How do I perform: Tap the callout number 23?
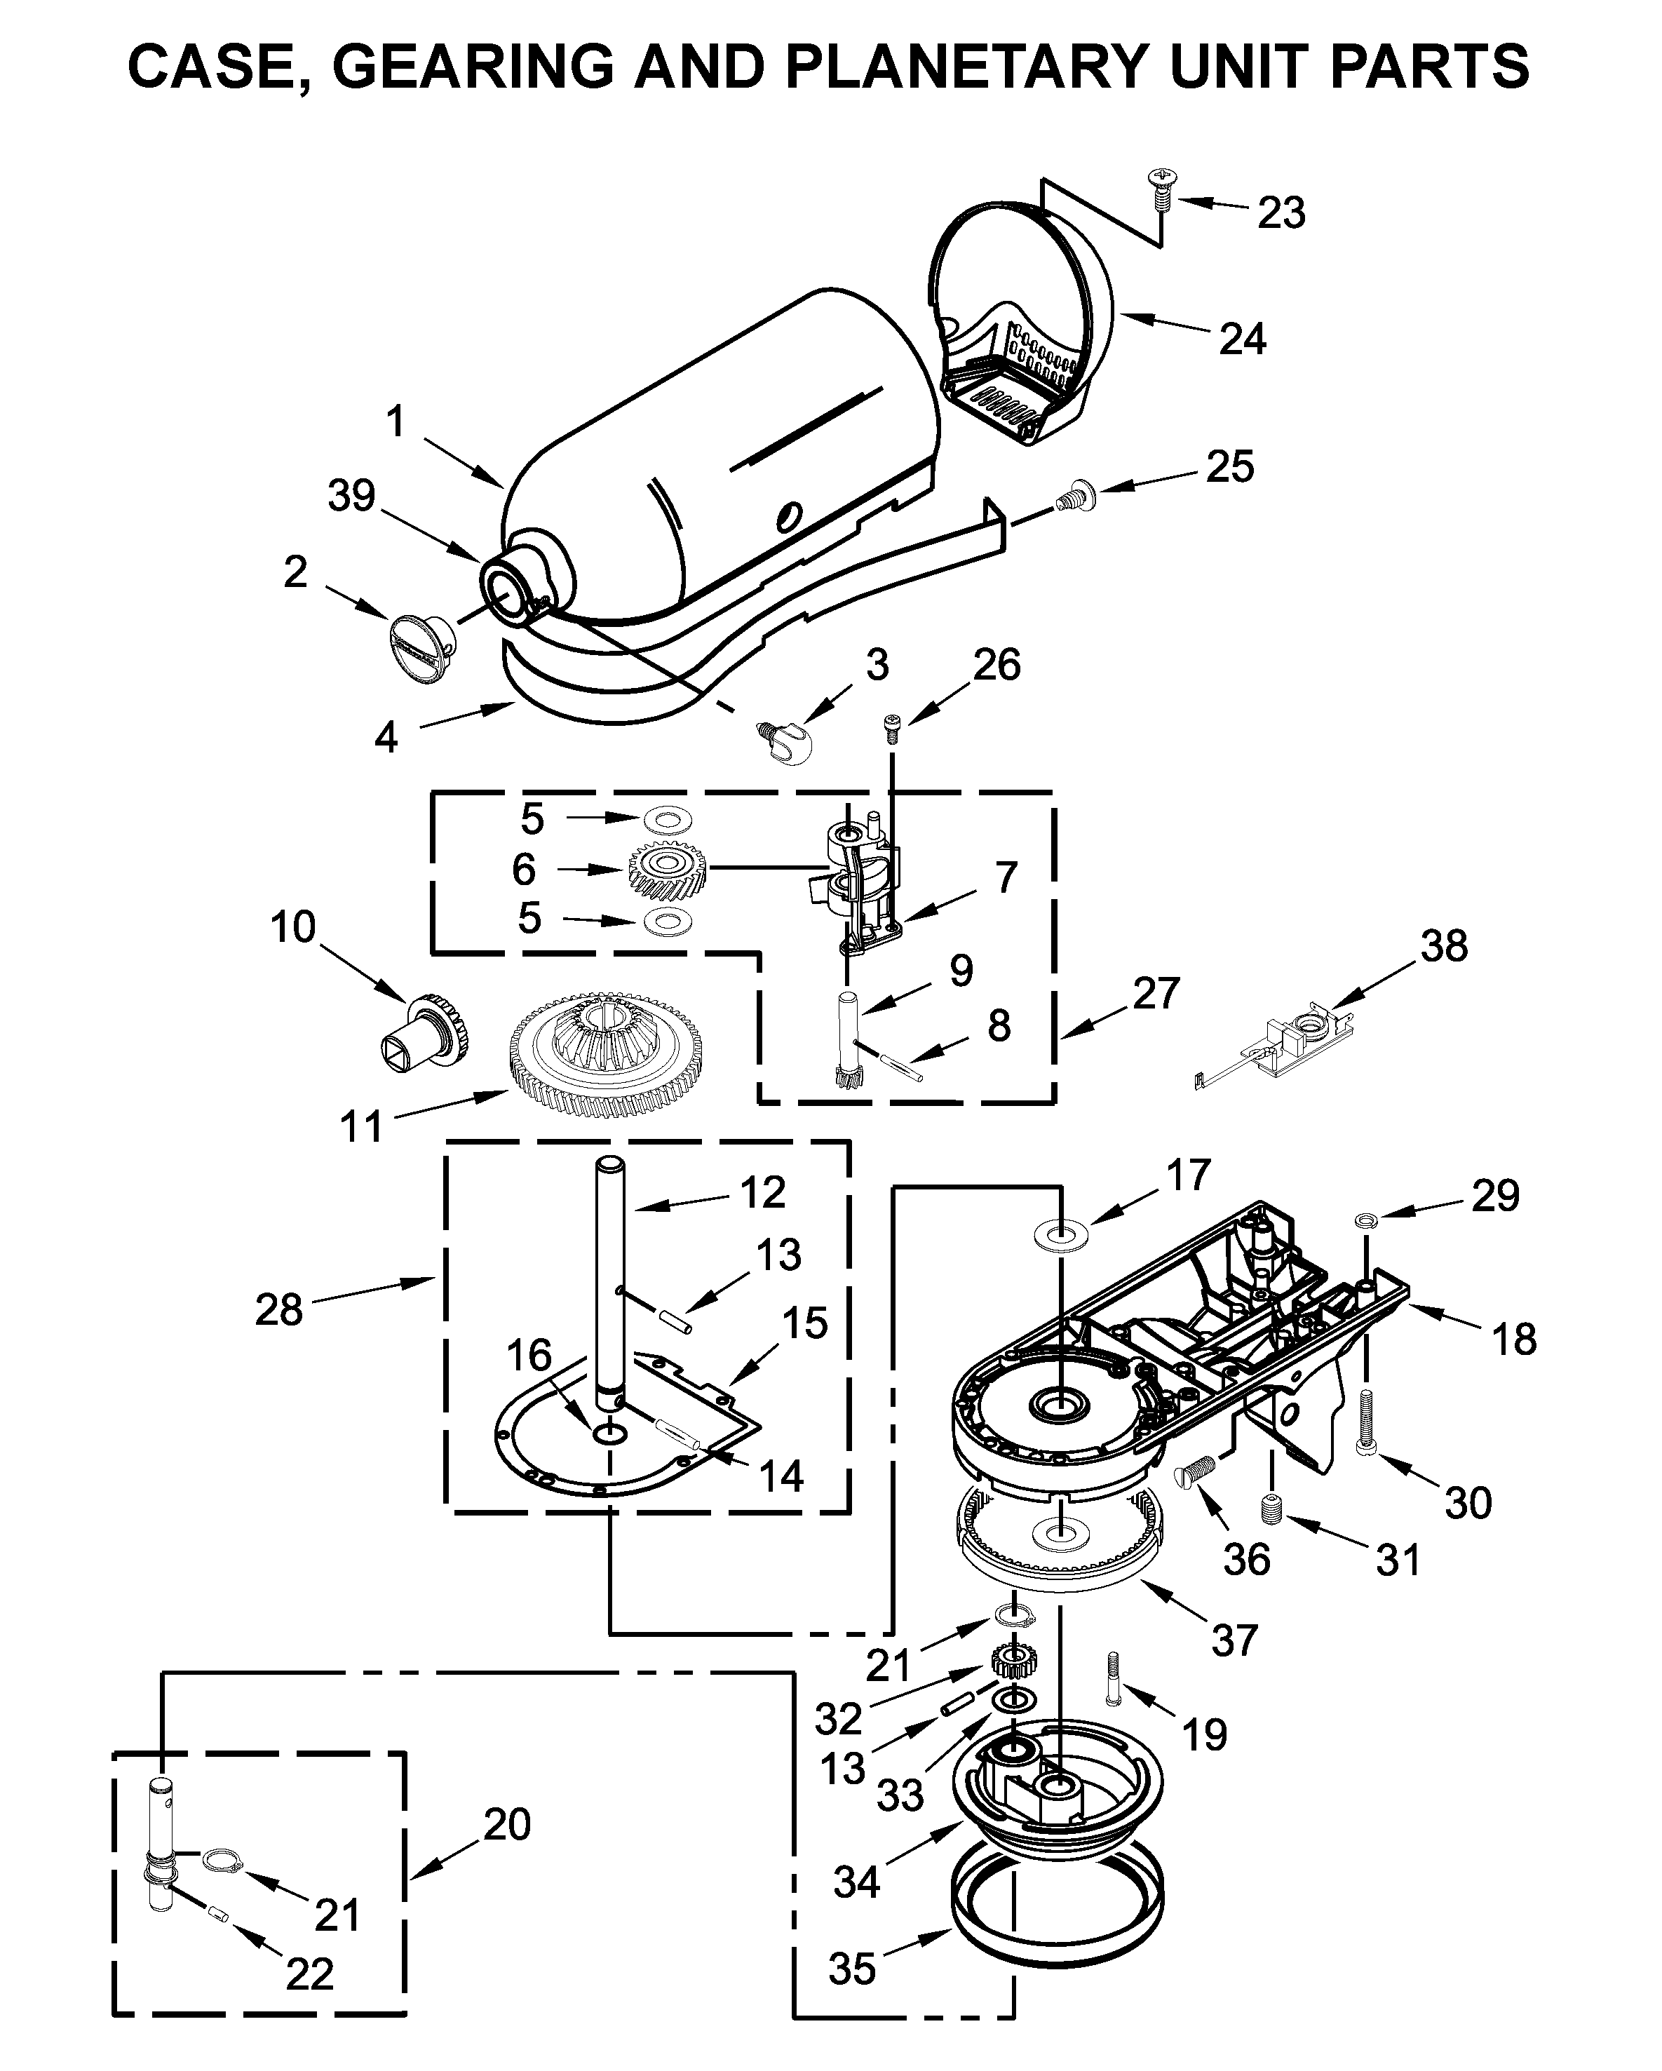1282,213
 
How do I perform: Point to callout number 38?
1444,945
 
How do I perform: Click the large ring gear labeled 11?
605,1057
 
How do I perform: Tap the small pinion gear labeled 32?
1008,1658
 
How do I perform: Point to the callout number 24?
1242,339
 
